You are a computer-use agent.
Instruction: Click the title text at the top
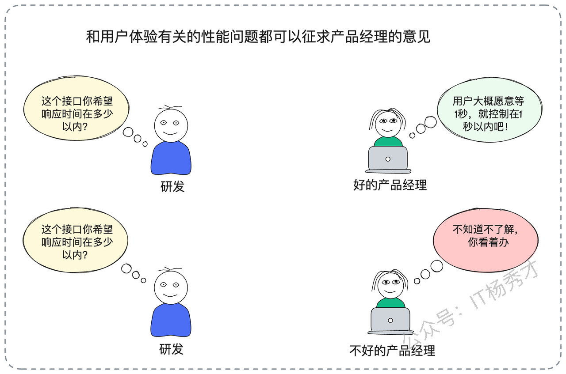click(x=258, y=37)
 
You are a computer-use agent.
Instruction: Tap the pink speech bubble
click(x=486, y=241)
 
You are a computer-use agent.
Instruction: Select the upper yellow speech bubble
click(x=76, y=108)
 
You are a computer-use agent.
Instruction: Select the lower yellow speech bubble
click(x=75, y=240)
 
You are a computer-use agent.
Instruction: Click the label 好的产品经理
click(x=390, y=185)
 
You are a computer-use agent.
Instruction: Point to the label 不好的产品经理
click(x=392, y=351)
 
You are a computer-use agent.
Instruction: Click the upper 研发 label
click(x=172, y=187)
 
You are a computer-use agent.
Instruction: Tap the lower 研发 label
click(x=171, y=350)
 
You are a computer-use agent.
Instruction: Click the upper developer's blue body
click(x=171, y=158)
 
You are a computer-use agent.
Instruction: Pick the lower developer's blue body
click(x=171, y=320)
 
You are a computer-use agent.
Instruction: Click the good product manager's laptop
click(x=388, y=159)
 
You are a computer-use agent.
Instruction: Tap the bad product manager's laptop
click(x=390, y=321)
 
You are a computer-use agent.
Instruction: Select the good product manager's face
click(x=388, y=124)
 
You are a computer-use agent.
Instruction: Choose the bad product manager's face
click(x=390, y=285)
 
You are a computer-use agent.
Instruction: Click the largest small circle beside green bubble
click(x=431, y=122)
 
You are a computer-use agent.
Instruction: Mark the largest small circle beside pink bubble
click(x=436, y=266)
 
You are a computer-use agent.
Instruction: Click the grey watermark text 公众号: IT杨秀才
click(x=470, y=304)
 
